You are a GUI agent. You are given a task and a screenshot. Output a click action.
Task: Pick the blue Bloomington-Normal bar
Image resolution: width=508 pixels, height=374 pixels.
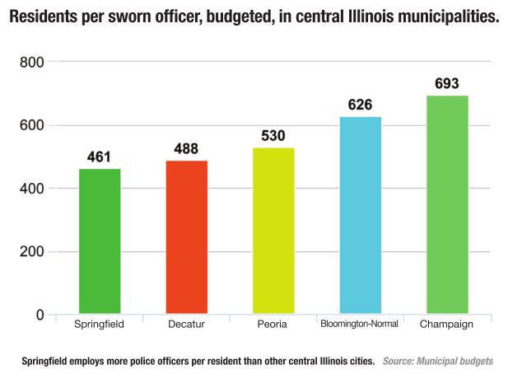(x=360, y=215)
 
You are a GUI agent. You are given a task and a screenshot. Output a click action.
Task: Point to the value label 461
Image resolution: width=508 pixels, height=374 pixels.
(x=100, y=157)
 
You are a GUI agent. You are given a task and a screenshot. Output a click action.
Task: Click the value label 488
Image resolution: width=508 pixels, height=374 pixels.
(x=187, y=148)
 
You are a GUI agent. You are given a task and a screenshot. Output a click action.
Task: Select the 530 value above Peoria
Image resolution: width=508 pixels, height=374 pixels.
(x=273, y=135)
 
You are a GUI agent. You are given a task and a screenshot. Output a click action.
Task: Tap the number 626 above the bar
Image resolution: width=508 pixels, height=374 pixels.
(x=360, y=105)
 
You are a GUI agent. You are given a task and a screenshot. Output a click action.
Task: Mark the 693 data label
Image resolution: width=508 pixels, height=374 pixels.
(x=447, y=83)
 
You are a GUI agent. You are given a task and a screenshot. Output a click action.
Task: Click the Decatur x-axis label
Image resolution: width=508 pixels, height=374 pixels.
(x=186, y=325)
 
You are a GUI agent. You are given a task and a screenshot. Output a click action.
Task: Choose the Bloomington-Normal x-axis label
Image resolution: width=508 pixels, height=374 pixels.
(x=360, y=324)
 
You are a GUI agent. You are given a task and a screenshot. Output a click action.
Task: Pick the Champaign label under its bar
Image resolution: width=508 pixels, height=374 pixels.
(x=447, y=325)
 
